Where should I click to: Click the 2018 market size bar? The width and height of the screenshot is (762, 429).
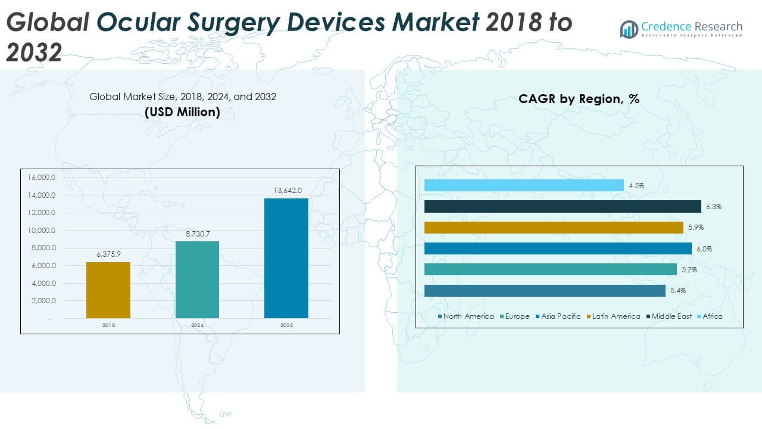[x=108, y=290]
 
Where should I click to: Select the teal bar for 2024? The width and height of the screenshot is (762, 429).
[x=197, y=279]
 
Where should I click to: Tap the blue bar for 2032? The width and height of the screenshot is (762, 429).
[x=286, y=258]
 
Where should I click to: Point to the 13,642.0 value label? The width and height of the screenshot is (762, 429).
[x=286, y=191]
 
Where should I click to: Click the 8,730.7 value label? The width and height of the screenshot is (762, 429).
[x=197, y=234]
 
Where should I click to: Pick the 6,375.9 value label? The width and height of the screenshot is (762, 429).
[x=108, y=254]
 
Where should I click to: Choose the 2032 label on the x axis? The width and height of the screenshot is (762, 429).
[x=286, y=325]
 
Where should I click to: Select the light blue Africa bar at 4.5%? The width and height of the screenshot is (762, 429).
[x=524, y=186]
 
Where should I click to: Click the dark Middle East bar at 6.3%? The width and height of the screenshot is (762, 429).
[x=563, y=207]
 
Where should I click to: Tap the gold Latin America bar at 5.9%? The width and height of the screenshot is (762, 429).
[x=554, y=228]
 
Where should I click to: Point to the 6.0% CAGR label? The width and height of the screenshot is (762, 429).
[x=704, y=249]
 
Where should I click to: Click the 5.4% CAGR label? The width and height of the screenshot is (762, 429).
[x=678, y=291]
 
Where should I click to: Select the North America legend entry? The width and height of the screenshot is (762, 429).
[x=466, y=316]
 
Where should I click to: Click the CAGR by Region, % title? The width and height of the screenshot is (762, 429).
[x=579, y=99]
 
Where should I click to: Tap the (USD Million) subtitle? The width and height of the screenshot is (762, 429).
[x=182, y=111]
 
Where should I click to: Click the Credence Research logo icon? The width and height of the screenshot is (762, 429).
[x=629, y=29]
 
